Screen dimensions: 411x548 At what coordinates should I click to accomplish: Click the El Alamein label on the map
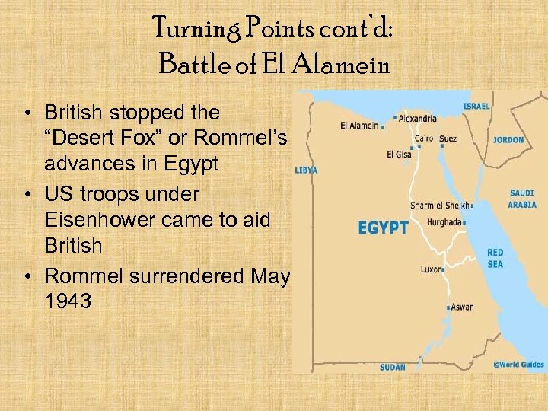click(359, 126)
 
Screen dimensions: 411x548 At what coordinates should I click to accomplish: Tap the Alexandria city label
click(417, 118)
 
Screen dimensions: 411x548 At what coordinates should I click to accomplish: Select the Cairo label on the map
click(424, 139)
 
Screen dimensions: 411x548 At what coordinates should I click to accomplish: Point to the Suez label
click(448, 139)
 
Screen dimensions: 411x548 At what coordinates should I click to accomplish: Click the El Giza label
click(400, 154)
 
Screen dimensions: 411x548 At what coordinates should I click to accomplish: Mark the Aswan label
click(462, 307)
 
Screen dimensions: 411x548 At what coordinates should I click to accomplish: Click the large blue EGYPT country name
click(383, 228)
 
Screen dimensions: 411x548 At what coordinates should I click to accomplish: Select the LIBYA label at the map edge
click(306, 170)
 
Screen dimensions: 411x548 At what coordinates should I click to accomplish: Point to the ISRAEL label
click(476, 106)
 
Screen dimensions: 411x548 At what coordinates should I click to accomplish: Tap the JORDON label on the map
click(508, 140)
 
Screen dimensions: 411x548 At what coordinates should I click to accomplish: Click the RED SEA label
click(495, 257)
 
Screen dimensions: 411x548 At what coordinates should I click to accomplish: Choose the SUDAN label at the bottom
click(393, 367)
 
